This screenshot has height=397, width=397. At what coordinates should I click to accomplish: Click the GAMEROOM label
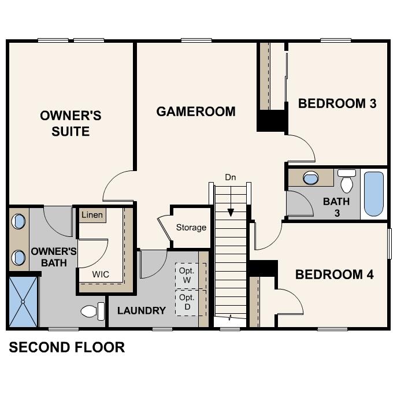pos(196,112)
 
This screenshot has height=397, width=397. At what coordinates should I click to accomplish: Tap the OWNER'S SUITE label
pos(71,124)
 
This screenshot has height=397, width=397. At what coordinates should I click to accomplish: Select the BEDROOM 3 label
pos(337,104)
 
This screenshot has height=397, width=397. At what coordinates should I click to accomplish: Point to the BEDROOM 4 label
pos(334,274)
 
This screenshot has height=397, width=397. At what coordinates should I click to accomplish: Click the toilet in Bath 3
pos(347,181)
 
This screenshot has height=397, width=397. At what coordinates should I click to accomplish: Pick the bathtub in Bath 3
pos(374,193)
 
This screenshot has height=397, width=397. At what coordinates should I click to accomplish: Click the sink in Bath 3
pos(311,177)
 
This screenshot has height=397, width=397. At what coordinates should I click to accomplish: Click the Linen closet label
pos(92,215)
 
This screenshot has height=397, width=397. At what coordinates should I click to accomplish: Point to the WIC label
pos(101,273)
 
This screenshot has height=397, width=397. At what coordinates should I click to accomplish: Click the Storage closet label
pos(191,227)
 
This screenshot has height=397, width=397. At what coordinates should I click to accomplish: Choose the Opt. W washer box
pos(187,275)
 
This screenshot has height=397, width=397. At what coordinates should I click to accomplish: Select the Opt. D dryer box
pos(187,301)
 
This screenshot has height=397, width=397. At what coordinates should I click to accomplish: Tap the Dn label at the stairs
pos(231,177)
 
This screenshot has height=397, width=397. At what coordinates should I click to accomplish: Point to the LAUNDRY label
pos(142,310)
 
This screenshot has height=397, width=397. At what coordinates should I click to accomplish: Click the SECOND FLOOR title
pos(66,347)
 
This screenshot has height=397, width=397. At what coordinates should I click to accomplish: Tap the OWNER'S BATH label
pos(54,257)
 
